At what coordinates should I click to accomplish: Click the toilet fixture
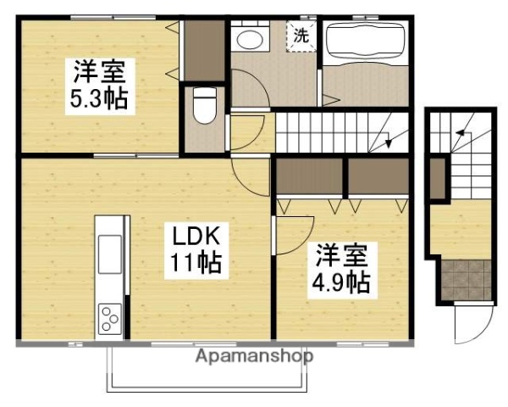point(203,105)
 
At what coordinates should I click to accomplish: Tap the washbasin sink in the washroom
point(249,38)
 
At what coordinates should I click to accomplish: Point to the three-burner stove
point(111,318)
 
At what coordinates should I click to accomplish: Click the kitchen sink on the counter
point(111,254)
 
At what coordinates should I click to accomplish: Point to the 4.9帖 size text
point(343,282)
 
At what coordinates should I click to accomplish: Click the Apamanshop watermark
point(254,356)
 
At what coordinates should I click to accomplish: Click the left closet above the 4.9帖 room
point(309,176)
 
